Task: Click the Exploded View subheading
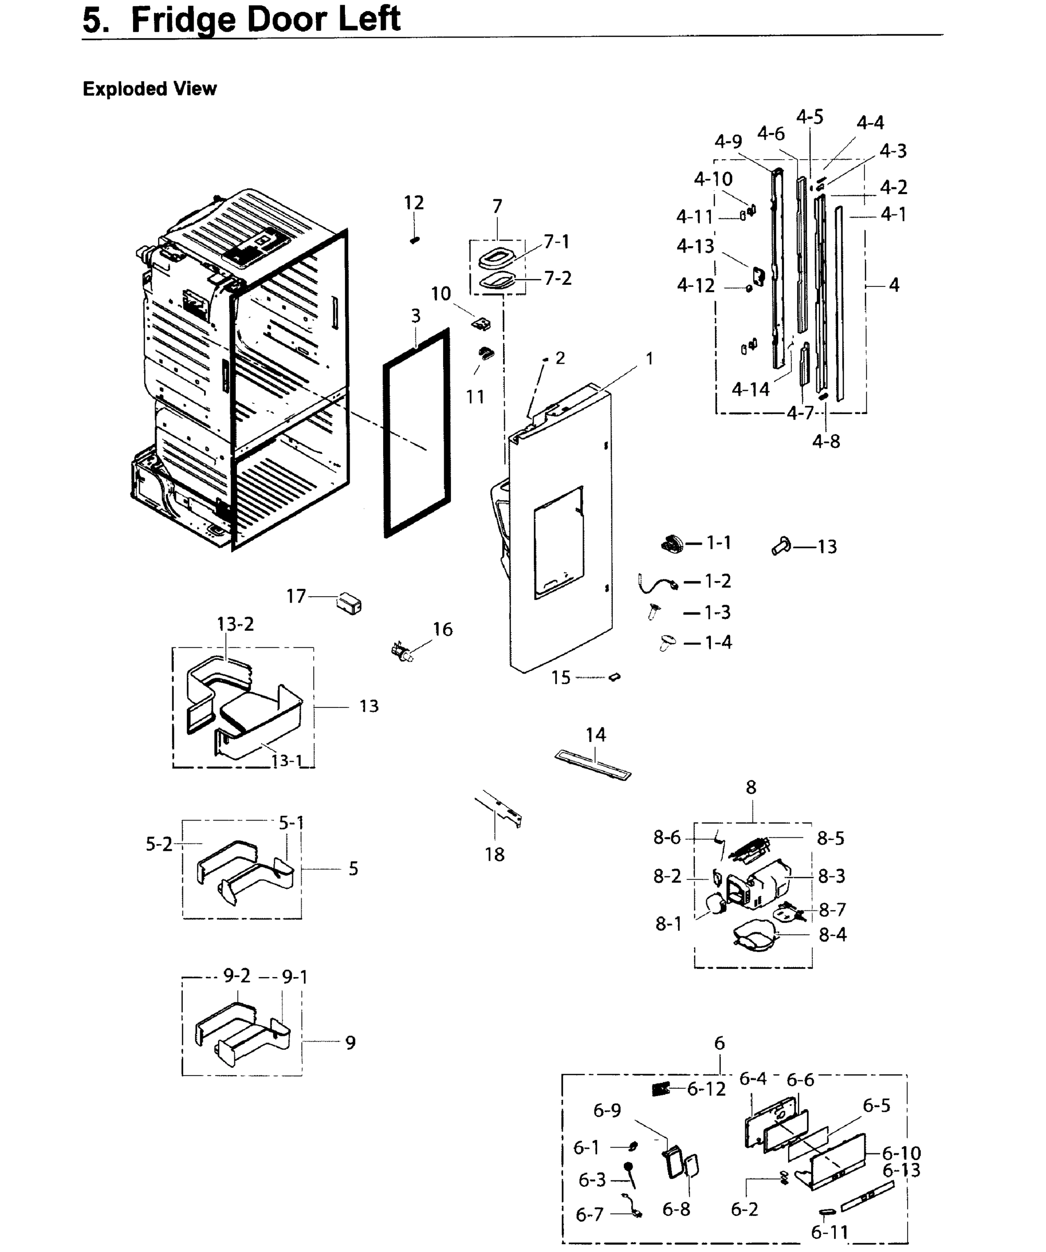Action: (x=150, y=89)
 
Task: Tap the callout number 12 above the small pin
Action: (x=414, y=203)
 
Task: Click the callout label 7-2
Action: (x=557, y=279)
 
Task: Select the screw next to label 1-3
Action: (x=655, y=611)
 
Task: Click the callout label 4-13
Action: (x=695, y=246)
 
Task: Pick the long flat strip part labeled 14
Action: (x=593, y=765)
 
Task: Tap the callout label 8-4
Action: (x=833, y=934)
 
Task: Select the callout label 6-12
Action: (x=707, y=1089)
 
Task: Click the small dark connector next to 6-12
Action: (x=661, y=1089)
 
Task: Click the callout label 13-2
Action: (x=235, y=624)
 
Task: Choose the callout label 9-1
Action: (x=294, y=977)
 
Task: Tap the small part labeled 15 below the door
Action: (x=615, y=677)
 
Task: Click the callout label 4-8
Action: (x=826, y=441)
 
